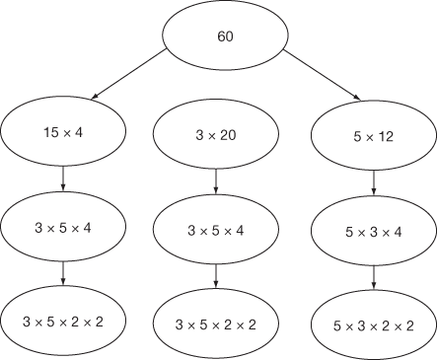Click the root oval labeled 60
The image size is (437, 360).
click(225, 37)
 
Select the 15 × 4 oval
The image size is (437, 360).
click(63, 131)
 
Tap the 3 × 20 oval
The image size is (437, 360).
click(216, 135)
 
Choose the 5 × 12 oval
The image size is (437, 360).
click(372, 137)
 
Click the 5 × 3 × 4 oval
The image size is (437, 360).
click(373, 233)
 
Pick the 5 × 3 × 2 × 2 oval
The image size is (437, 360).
click(373, 324)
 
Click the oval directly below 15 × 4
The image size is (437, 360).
click(63, 226)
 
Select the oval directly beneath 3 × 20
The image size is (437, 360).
click(216, 231)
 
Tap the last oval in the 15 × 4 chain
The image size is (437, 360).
click(63, 321)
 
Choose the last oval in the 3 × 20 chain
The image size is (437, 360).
click(216, 324)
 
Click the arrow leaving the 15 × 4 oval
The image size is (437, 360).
click(63, 179)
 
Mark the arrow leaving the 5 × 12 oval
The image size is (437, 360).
click(373, 185)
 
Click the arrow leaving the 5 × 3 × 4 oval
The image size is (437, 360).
click(373, 278)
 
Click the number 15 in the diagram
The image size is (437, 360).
click(50, 131)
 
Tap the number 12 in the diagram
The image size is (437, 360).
click(386, 137)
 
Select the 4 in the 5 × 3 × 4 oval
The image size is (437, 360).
click(398, 233)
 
